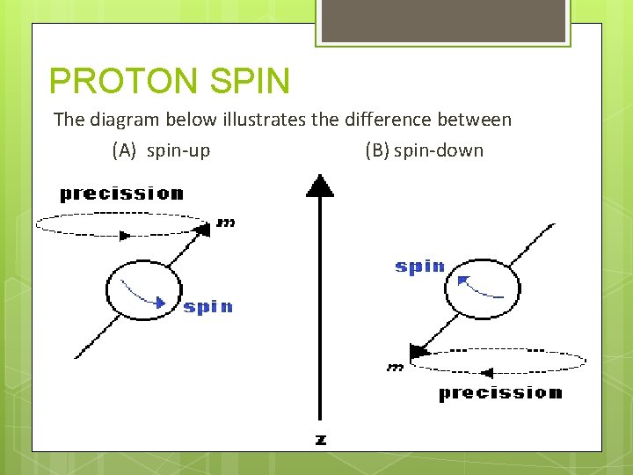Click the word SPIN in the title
pos(251,81)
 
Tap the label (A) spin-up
pos(161,150)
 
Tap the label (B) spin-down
pos(424,150)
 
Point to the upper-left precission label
pos(121,194)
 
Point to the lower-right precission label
pos(500,393)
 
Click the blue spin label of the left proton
pos(208,307)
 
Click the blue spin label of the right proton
pos(419,267)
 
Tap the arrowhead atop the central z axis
pos(319,186)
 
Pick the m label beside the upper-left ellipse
pos(226,224)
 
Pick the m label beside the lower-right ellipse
pos(395,368)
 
